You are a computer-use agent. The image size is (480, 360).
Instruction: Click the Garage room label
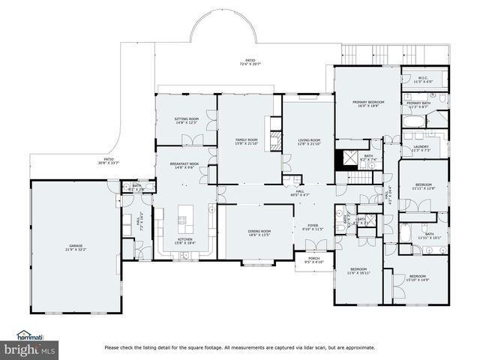(x=76, y=247)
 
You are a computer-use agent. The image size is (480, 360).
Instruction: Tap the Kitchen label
(x=184, y=241)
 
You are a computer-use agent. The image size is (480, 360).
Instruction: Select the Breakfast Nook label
(x=184, y=165)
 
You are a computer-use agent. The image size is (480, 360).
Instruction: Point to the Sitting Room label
(x=186, y=120)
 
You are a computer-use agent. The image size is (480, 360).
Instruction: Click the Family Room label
(x=247, y=141)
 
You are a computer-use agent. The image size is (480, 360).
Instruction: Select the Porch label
(x=313, y=261)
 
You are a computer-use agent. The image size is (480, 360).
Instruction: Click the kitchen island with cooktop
(x=181, y=220)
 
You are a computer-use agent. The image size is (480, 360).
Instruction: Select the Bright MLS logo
(x=29, y=350)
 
